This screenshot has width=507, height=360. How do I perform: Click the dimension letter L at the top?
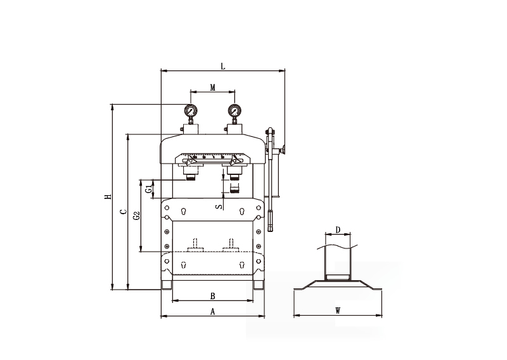click(x=223, y=67)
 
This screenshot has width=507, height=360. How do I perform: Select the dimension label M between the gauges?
click(x=212, y=87)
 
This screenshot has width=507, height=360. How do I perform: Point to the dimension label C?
click(x=123, y=212)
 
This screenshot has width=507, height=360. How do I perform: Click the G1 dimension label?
click(x=148, y=190)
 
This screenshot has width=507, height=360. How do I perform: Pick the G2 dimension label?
click(x=136, y=215)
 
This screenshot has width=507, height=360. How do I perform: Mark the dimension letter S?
click(x=219, y=207)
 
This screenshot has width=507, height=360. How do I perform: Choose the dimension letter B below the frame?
click(x=212, y=296)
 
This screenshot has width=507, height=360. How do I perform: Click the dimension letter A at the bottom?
click(x=212, y=311)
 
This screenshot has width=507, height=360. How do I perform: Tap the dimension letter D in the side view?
click(x=338, y=230)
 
